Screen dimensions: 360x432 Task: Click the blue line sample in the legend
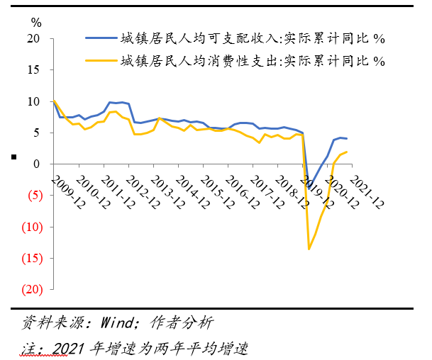tap(99, 38)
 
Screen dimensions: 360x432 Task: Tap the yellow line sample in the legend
tap(99, 61)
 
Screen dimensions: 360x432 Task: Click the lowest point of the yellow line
tap(309, 249)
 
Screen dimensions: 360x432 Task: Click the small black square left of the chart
tap(12, 157)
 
